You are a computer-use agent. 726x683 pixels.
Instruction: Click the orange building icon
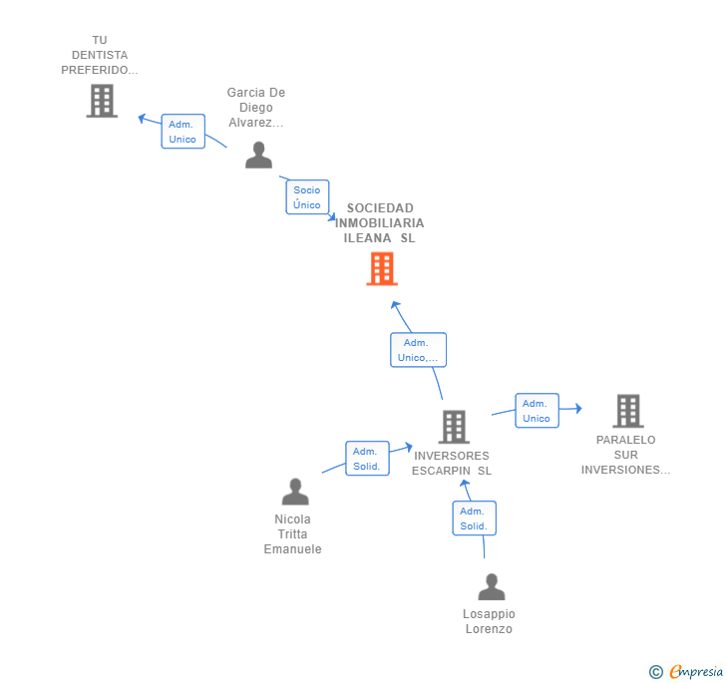pos(382,268)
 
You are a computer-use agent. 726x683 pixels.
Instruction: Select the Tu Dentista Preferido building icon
pos(102,101)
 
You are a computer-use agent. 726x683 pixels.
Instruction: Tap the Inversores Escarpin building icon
pos(454,427)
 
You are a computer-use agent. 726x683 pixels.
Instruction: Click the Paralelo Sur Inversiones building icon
pos(628,411)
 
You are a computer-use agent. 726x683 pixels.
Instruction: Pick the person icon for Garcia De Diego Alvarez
pos(259,156)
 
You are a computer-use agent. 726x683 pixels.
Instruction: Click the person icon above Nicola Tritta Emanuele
pos(295,492)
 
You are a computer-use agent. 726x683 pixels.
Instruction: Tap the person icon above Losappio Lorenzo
pos(492,586)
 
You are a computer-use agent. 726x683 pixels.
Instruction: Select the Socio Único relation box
pos(307,197)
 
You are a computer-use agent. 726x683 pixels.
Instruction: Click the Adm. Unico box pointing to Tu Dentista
pos(182,132)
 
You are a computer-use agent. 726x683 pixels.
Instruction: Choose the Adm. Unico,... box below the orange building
pos(418,350)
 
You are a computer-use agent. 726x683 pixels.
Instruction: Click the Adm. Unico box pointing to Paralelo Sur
pos(538,411)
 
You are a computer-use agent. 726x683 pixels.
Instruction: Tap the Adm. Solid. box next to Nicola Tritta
pos(367,459)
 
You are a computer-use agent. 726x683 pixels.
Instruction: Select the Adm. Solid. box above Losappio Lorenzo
pos(474,518)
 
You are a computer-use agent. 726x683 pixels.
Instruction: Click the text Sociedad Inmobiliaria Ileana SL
pos(380,223)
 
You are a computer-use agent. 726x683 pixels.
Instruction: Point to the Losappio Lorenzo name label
pos(489,621)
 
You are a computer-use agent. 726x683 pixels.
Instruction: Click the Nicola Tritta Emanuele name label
pos(292,533)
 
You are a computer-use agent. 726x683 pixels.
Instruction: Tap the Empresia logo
pos(686,671)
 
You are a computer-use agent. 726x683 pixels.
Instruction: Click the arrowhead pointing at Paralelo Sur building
pos(578,409)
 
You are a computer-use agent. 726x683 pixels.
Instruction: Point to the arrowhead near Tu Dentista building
pos(142,118)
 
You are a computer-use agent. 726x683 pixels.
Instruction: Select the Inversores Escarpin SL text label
pos(452,463)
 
